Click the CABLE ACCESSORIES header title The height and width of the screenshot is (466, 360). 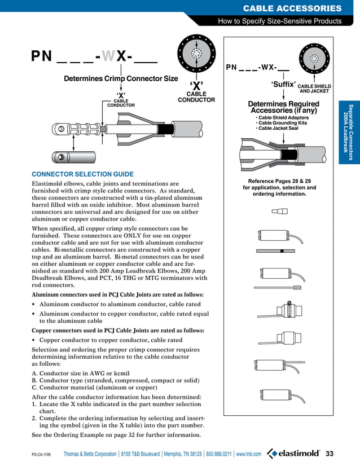(x=292, y=8)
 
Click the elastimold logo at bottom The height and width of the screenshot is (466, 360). (x=293, y=454)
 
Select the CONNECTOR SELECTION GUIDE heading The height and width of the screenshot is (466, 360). (x=83, y=174)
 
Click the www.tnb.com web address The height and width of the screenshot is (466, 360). (x=249, y=454)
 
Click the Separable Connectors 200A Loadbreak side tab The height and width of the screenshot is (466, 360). (x=349, y=133)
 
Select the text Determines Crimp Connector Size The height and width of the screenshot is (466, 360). (x=121, y=78)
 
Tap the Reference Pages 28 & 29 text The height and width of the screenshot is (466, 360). (x=279, y=181)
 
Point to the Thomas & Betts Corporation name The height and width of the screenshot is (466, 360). (x=90, y=454)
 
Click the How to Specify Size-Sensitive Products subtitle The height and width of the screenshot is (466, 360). (x=280, y=21)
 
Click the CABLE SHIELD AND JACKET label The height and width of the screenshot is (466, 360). (x=314, y=89)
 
